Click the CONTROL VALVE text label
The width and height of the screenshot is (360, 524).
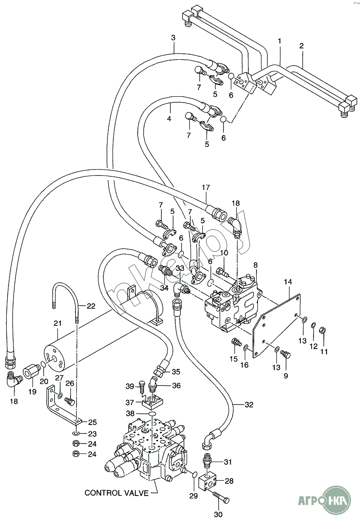coord(117,493)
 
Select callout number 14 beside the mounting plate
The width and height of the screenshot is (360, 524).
coord(288,282)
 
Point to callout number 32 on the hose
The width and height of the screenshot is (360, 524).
coord(249,405)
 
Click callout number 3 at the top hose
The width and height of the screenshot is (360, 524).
coord(173,38)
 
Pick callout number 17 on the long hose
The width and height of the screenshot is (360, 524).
coord(206,187)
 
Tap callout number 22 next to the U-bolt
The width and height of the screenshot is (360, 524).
coord(91,306)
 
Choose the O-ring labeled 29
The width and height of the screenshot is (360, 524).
coord(195,475)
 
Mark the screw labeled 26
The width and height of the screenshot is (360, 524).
coord(69,400)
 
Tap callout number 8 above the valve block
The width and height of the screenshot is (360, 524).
coord(255,265)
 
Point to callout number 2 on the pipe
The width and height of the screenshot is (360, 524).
coord(301,46)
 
